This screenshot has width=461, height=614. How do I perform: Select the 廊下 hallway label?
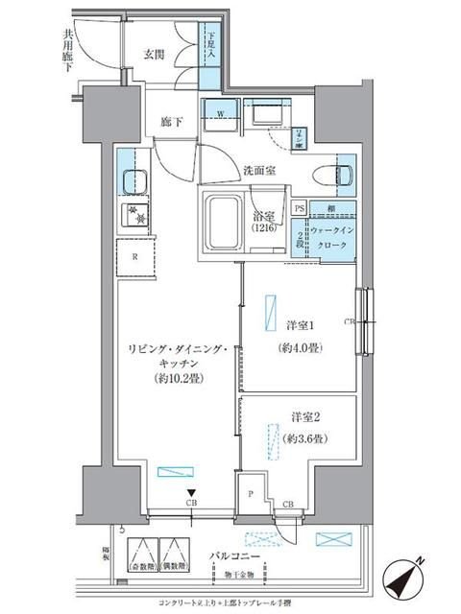click(173, 124)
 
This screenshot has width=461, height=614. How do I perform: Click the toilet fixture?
click(342, 173)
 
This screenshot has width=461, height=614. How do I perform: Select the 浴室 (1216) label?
click(265, 223)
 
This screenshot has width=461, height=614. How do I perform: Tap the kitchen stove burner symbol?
click(132, 217)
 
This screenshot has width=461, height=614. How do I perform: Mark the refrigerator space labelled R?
click(135, 256)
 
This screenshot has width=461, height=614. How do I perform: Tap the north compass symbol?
click(407, 579)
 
